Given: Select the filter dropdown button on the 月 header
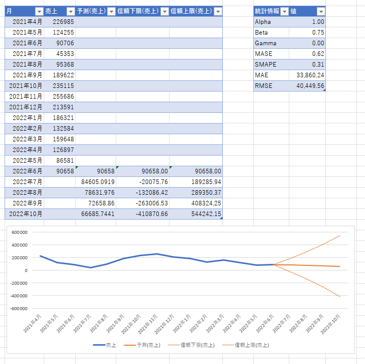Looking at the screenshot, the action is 39,11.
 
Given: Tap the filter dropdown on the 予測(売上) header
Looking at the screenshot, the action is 112,11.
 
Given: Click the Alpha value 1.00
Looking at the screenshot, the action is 318,22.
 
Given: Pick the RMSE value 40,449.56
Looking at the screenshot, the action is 310,86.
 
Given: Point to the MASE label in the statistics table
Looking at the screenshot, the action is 263,54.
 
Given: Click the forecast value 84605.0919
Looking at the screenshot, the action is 98,182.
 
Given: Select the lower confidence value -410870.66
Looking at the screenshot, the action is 152,214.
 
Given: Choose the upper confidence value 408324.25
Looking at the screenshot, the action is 206,203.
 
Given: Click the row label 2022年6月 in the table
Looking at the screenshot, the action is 27,171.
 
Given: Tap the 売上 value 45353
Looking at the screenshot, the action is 65,54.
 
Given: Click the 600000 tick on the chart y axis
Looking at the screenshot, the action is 20,232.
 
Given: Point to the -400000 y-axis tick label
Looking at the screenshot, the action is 19,296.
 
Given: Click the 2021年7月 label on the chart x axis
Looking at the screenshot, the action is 82,324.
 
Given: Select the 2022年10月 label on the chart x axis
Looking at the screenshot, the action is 330,324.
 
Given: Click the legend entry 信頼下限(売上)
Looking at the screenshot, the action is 191,345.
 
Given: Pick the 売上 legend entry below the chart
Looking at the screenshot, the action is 105,345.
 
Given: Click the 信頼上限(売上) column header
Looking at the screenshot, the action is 191,11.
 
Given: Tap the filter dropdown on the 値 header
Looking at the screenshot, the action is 321,11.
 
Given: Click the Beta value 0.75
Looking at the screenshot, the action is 318,33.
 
